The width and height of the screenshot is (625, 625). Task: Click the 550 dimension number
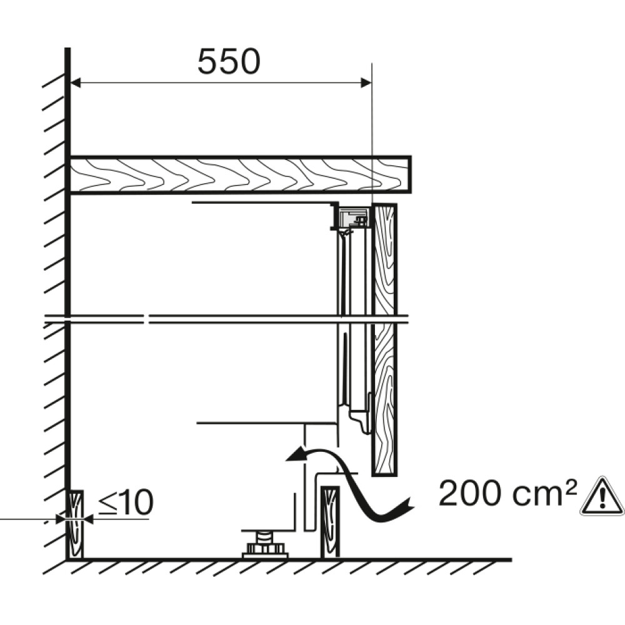point(229,62)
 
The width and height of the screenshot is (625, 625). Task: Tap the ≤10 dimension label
point(126,502)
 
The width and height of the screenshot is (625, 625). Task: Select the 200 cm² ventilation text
point(507,494)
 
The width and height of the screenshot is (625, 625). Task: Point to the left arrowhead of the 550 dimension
point(76,82)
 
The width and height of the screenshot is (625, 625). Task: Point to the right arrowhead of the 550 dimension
point(366,82)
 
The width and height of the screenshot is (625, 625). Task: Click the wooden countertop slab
point(240,175)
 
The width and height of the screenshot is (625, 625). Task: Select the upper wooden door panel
point(384,259)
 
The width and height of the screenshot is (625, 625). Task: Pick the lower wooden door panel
point(384,399)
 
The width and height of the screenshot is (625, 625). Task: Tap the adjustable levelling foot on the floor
point(264,544)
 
